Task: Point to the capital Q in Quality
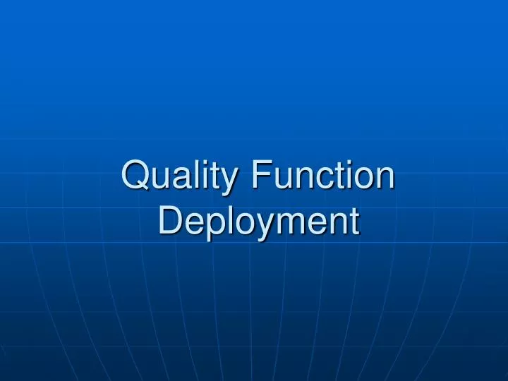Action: [136, 175]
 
